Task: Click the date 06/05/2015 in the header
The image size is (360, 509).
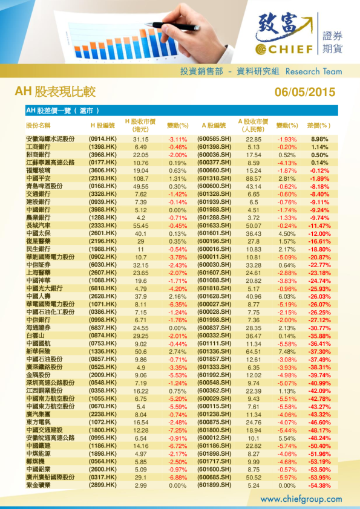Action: pyautogui.click(x=304, y=92)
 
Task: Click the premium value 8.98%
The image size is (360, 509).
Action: pyautogui.click(x=319, y=139)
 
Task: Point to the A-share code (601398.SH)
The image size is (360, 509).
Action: pyautogui.click(x=215, y=147)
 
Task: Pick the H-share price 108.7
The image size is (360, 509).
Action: pyautogui.click(x=141, y=179)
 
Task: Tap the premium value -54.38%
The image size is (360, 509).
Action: pyautogui.click(x=319, y=485)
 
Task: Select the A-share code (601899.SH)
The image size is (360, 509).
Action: pyautogui.click(x=215, y=485)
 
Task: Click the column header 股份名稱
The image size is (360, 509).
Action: pyautogui.click(x=39, y=125)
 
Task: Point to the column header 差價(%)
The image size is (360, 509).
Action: pyautogui.click(x=319, y=125)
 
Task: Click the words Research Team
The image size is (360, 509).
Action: pyautogui.click(x=313, y=71)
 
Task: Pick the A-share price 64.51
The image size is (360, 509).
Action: pyautogui.click(x=254, y=351)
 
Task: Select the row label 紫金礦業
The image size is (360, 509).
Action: pyautogui.click(x=39, y=485)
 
